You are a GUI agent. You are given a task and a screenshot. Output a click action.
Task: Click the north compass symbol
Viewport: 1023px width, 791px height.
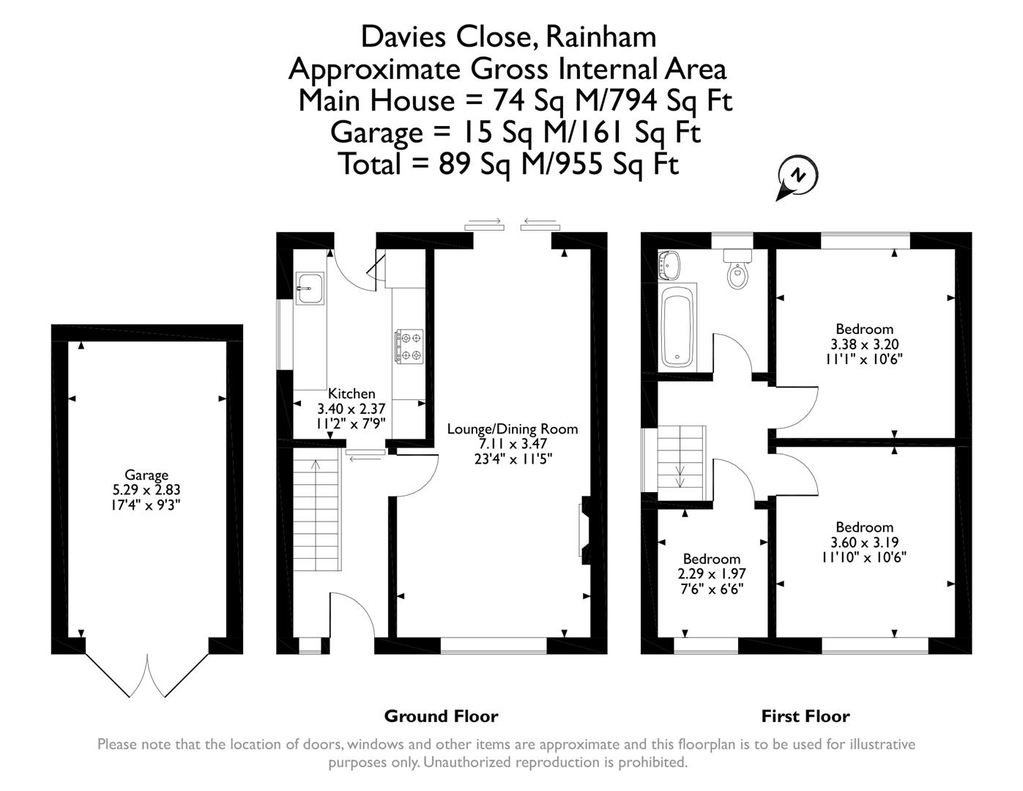point(797,177)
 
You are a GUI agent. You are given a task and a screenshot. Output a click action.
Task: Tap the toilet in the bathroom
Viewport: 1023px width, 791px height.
point(737,268)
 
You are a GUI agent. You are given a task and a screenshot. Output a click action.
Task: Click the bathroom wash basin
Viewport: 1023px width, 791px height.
point(669,265)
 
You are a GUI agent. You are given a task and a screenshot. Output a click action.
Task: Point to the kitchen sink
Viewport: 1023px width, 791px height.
point(310,289)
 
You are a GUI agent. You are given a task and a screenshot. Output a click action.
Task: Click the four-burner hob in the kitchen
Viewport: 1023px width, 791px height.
point(409,346)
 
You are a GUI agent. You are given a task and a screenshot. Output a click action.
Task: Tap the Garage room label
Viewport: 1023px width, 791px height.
point(146,475)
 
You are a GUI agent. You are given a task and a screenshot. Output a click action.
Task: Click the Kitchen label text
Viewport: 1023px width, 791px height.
point(351,393)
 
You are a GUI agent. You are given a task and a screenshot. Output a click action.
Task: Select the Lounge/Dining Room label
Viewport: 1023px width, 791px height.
point(512,429)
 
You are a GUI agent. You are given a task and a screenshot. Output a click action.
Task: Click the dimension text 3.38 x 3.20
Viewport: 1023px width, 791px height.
point(864,344)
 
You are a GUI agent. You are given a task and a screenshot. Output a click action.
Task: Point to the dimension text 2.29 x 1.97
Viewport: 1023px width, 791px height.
point(711,573)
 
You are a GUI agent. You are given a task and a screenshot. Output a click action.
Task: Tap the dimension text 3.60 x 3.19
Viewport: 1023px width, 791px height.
point(864,542)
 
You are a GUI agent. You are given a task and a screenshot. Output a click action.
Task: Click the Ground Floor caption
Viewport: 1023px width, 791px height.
point(441,716)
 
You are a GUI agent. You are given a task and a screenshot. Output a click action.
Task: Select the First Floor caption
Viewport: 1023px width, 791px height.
point(806,716)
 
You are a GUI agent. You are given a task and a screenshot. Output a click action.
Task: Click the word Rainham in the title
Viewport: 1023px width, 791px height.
point(600,37)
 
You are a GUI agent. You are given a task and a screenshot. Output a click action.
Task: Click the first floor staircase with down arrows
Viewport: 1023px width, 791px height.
point(682,463)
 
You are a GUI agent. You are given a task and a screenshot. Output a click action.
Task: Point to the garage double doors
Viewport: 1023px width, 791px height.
point(147,675)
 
